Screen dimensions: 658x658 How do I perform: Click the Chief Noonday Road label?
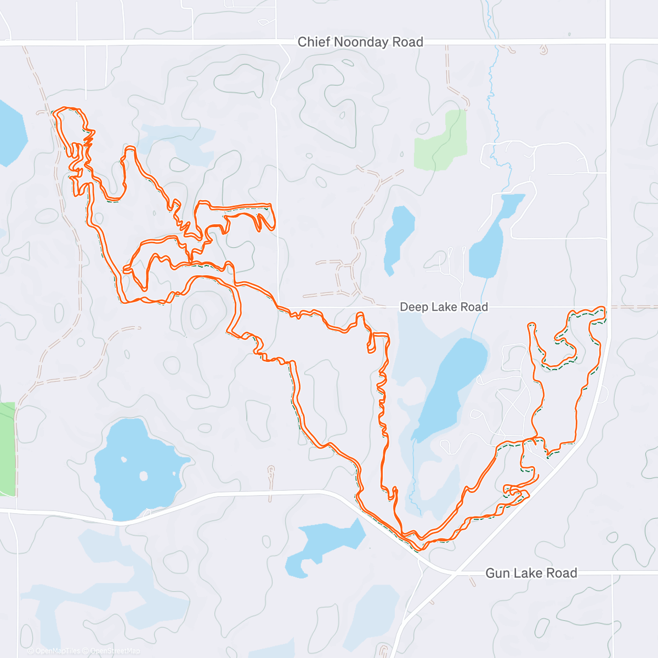coord(360,42)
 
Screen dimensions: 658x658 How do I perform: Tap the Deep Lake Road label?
coord(444,307)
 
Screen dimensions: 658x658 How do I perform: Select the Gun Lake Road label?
coord(531,573)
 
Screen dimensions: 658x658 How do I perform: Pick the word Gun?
coord(497,573)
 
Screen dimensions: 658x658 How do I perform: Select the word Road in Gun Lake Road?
coord(563,573)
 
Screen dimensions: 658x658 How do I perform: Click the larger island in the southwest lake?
coord(144,475)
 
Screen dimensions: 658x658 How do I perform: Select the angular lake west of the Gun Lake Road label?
coord(326,543)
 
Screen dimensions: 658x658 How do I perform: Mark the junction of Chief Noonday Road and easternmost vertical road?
coord(608,42)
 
